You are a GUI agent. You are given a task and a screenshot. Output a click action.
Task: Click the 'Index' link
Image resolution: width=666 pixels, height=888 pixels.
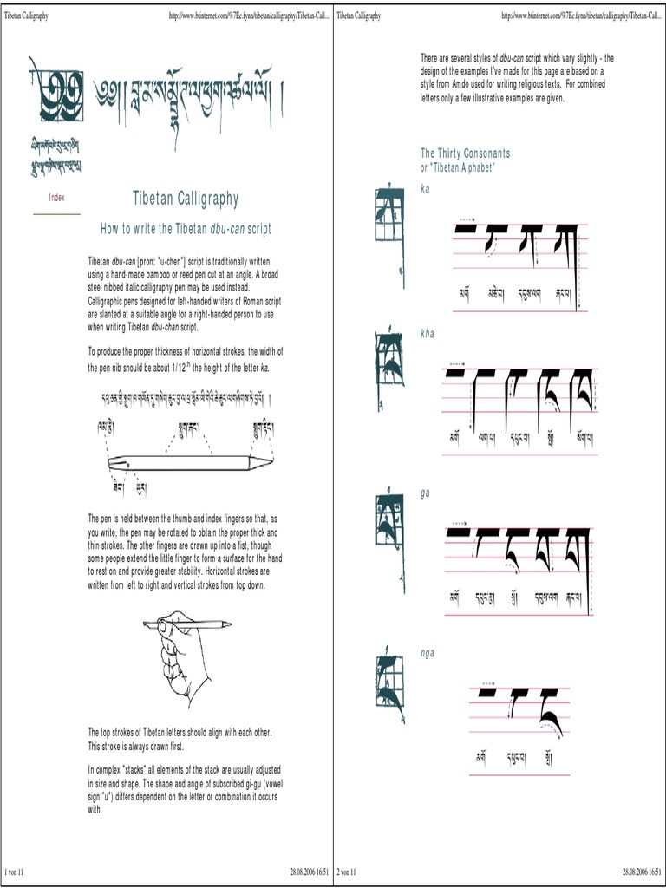(56, 198)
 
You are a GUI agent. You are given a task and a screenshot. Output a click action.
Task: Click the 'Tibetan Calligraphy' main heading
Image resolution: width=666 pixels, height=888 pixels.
(185, 199)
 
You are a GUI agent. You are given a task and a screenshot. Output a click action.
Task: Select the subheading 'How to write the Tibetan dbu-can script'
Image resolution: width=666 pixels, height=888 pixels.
(186, 229)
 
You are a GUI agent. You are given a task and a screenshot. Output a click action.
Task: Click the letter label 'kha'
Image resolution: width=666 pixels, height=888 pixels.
(426, 333)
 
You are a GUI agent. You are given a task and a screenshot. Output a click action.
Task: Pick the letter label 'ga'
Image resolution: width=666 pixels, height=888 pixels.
(425, 492)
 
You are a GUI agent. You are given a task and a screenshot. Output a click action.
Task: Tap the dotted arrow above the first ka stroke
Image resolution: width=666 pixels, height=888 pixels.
(467, 220)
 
